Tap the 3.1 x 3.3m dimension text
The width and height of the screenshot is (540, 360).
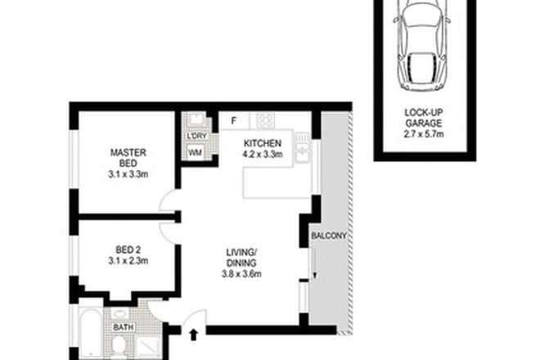[x=128, y=173]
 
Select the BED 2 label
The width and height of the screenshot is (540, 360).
[x=128, y=249]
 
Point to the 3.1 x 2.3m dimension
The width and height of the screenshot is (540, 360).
[x=128, y=261]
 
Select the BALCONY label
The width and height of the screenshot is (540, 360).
[x=329, y=236]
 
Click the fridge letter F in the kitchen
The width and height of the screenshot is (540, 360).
[x=233, y=121]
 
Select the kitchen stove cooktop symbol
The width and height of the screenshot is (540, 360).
[x=265, y=120]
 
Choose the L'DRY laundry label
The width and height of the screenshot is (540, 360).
[x=196, y=136]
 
